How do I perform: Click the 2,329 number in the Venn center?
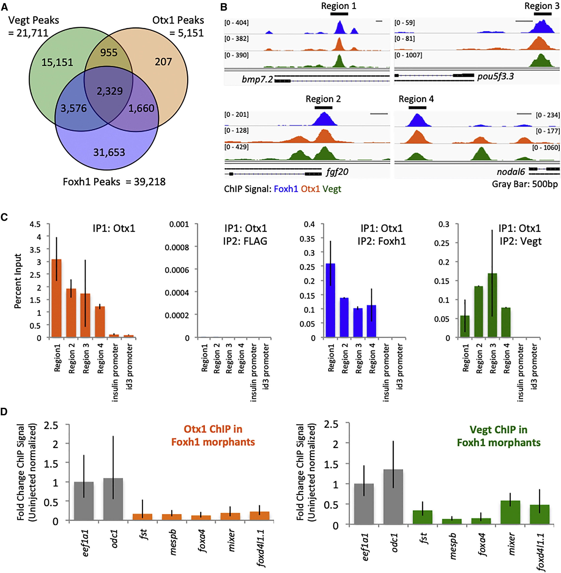click(110, 91)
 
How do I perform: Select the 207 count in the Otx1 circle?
click(163, 62)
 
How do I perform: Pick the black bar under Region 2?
click(323, 107)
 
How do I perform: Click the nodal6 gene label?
click(511, 172)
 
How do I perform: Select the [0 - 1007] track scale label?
click(408, 55)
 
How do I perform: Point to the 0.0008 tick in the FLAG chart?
click(177, 247)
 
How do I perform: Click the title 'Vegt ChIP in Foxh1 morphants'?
click(499, 436)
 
